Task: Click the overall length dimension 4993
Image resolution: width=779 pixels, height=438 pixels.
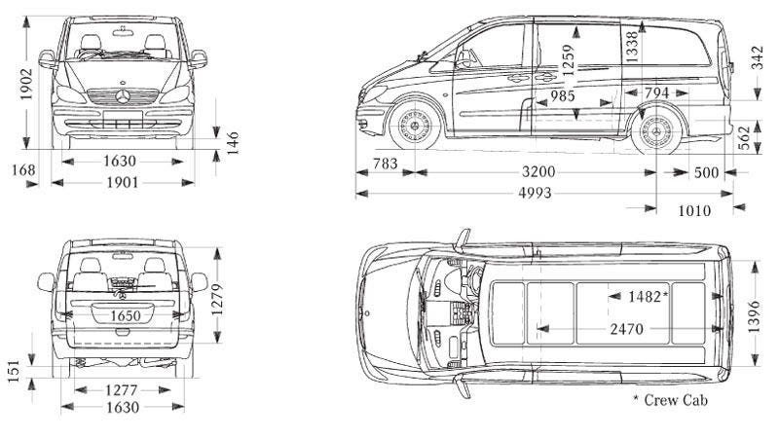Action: click(x=535, y=193)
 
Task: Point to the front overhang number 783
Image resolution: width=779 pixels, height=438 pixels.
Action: click(x=385, y=164)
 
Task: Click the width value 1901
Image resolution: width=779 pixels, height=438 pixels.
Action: click(x=123, y=182)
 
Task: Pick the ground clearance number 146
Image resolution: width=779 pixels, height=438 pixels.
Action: click(x=233, y=143)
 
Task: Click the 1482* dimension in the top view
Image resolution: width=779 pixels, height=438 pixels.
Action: click(x=647, y=296)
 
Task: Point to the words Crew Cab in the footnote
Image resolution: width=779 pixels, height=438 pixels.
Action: click(x=676, y=400)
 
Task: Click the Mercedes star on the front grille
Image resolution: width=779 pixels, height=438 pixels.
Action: click(x=124, y=97)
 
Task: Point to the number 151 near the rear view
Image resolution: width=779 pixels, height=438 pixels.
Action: click(x=14, y=372)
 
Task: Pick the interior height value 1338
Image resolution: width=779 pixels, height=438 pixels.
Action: click(x=632, y=46)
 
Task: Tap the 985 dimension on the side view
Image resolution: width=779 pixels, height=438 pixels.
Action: click(x=562, y=96)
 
